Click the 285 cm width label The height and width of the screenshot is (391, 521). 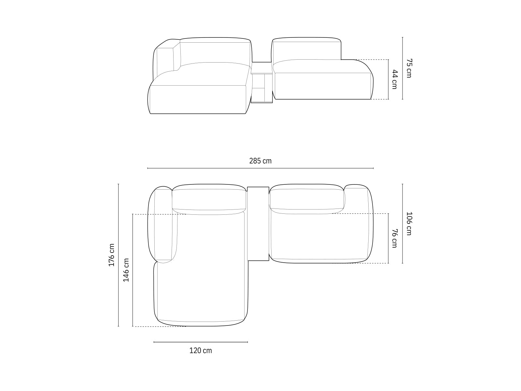(260, 161)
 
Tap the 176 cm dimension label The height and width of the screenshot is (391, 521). (112, 255)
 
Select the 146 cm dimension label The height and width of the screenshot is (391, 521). (126, 270)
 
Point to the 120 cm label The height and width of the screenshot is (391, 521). (201, 351)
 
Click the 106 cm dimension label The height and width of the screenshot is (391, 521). (409, 224)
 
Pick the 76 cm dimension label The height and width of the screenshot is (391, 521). (394, 238)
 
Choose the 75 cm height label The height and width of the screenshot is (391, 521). (409, 68)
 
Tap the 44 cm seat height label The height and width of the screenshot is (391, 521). (394, 79)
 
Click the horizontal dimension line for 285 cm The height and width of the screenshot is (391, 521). (260, 168)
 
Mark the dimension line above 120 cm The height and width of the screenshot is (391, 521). (201, 342)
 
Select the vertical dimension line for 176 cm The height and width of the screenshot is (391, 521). (119, 255)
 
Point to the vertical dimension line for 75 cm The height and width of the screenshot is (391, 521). (402, 68)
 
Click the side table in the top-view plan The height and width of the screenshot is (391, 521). (258, 224)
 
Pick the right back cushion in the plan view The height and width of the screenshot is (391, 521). (307, 199)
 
